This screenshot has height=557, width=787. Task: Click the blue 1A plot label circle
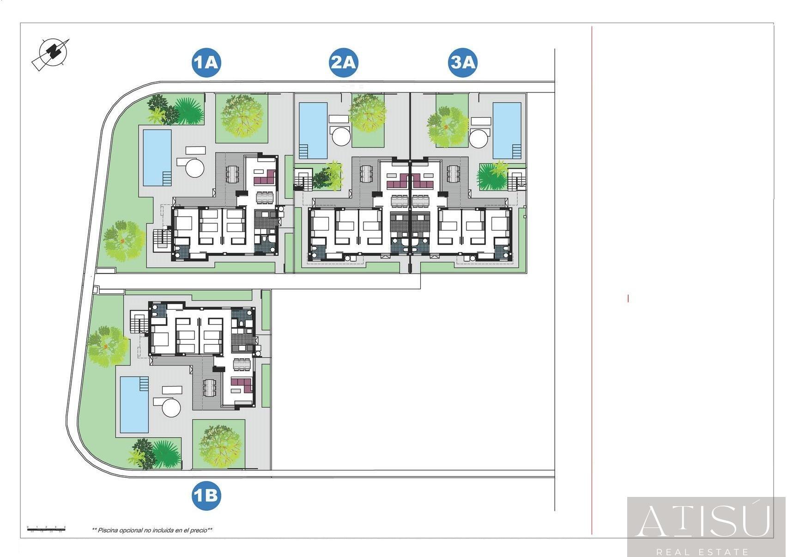tap(206, 62)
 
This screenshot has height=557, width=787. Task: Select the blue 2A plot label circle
tap(343, 62)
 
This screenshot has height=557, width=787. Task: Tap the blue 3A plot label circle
tap(463, 62)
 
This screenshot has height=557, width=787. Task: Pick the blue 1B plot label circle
tap(206, 496)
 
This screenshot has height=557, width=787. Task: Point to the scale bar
tap(46, 529)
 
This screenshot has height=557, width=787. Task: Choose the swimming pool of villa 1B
tap(134, 404)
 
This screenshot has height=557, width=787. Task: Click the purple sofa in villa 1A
tap(265, 178)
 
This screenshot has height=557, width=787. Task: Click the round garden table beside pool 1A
tap(195, 167)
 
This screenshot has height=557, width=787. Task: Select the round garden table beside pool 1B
tap(171, 408)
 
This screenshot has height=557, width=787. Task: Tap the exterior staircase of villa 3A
tap(517, 180)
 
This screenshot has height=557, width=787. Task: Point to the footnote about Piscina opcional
tap(152, 530)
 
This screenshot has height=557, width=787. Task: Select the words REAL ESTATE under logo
tap(702, 551)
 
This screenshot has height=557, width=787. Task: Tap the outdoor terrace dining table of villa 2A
tap(366, 174)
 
